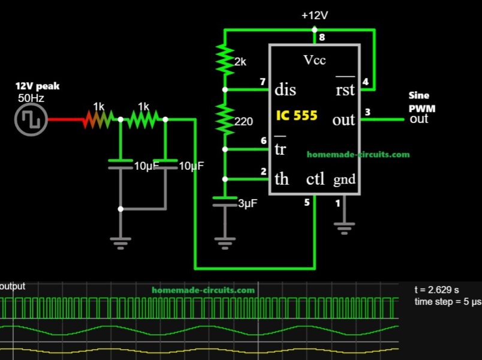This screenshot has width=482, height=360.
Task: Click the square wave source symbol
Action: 30,119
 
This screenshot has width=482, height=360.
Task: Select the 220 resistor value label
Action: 244,121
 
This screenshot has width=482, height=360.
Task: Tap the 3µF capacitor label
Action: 248,204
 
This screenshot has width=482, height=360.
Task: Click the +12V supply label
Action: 314,16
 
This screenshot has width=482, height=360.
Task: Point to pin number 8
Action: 322,38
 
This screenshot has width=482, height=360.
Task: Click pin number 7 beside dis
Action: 262,82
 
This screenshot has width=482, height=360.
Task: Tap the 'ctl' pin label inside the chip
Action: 315,179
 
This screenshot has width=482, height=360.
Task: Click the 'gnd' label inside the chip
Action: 345,179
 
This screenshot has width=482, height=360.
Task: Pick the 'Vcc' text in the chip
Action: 314,61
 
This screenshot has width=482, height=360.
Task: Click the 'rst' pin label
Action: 345,90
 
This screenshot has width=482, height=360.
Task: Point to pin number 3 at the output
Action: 367,111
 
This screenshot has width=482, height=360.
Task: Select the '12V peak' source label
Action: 37,86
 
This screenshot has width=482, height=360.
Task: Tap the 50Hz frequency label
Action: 31,97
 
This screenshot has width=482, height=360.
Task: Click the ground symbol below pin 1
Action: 344,229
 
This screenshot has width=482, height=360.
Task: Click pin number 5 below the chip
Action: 307,203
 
